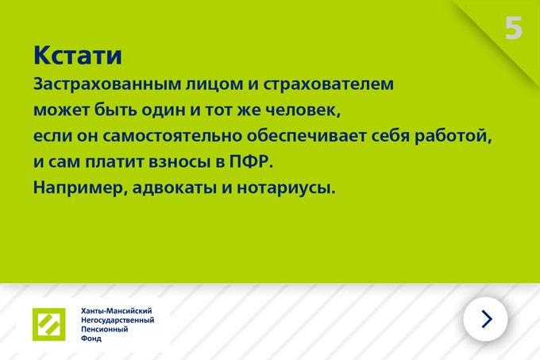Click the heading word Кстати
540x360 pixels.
78,55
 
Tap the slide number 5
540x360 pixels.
514,28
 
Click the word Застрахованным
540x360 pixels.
107,84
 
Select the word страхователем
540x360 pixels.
328,84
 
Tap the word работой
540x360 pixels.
453,136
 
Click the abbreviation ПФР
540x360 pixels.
251,162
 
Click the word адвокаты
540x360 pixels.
175,188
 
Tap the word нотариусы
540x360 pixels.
286,188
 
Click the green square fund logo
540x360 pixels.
49,324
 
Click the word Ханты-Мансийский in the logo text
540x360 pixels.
117,311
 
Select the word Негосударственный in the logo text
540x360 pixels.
118,320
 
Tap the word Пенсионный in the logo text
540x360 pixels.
104,329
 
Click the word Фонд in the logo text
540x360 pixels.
91,339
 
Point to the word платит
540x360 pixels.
114,162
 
